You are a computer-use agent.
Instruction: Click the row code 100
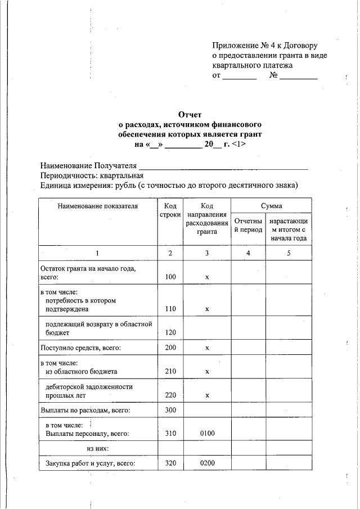170,277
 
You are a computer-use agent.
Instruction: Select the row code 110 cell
170,309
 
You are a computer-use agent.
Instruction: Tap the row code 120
170,332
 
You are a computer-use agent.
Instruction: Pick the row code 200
170,348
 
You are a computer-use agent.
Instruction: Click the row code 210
170,372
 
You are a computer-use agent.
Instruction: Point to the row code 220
170,395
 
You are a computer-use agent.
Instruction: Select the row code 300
170,410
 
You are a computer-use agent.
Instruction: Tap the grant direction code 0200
207,464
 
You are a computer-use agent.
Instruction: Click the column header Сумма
271,206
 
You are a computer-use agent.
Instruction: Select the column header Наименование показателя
98,206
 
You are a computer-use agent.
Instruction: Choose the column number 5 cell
289,253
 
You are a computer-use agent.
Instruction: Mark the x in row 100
207,277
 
